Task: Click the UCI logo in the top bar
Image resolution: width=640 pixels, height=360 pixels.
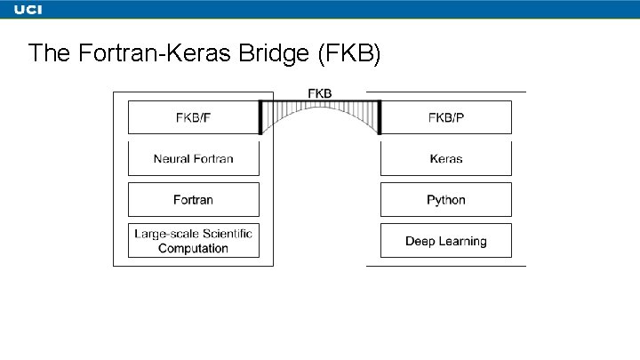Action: click(x=28, y=9)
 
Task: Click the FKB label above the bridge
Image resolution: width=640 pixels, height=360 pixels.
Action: click(x=320, y=93)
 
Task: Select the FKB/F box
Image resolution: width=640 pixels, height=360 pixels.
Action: click(x=193, y=117)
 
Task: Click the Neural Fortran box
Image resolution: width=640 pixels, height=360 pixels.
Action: click(x=193, y=159)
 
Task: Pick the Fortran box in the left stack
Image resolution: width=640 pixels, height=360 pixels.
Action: click(x=193, y=200)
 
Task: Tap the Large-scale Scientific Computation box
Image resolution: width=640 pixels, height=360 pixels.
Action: click(x=193, y=241)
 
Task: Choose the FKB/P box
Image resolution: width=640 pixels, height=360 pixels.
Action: click(x=445, y=117)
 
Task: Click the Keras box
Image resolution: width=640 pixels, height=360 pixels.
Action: click(x=445, y=159)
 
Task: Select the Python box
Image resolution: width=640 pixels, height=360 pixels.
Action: click(x=445, y=200)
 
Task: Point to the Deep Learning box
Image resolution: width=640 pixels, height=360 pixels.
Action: click(x=445, y=241)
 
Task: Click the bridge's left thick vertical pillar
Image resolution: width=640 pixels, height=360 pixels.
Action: click(x=260, y=117)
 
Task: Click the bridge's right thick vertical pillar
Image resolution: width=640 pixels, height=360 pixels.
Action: click(x=379, y=117)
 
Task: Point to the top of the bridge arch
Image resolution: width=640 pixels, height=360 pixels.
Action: click(x=320, y=107)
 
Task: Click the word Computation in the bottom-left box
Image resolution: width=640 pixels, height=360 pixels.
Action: click(x=193, y=249)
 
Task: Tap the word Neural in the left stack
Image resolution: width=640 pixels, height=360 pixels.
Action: click(x=172, y=159)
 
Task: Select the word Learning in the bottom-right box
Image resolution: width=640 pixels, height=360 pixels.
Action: click(x=464, y=241)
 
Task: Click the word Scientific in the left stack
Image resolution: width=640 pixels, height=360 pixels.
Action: click(x=226, y=234)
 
